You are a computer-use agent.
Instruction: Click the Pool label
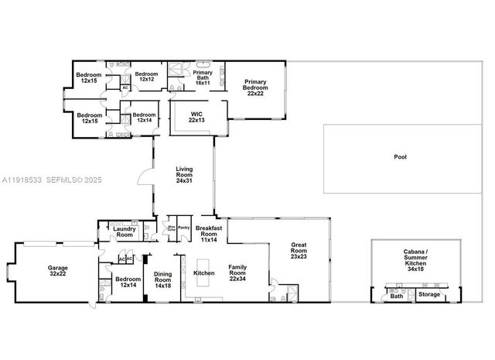400,156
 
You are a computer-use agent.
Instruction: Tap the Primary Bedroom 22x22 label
255,87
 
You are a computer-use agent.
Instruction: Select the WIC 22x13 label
197,118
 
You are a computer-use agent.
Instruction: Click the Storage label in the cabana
429,295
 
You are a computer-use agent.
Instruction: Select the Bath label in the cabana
396,296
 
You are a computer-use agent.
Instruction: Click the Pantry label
184,228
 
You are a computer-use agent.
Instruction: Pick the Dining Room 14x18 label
163,279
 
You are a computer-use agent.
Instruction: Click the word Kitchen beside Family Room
204,274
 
